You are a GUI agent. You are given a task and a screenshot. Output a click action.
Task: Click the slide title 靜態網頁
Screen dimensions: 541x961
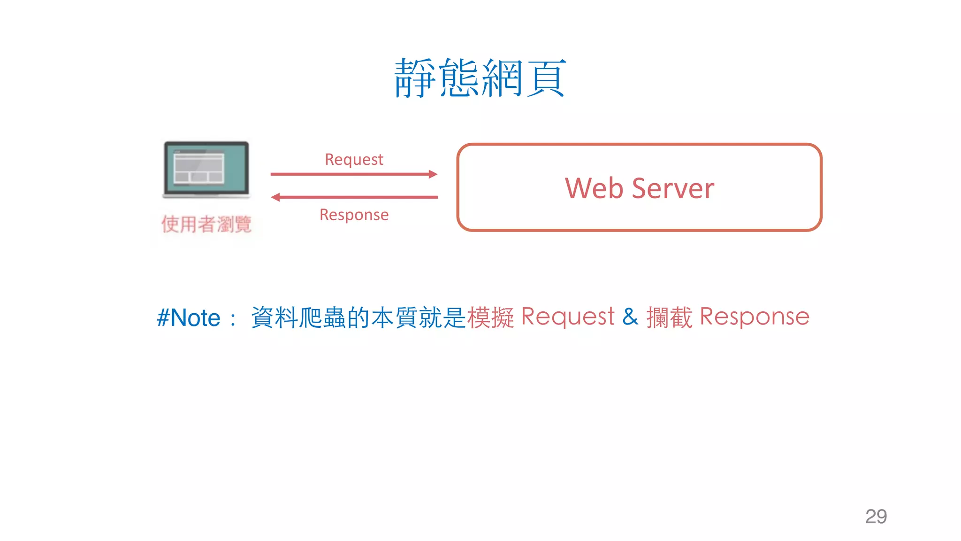480,78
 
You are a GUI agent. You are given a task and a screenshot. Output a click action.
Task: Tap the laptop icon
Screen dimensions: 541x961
206,170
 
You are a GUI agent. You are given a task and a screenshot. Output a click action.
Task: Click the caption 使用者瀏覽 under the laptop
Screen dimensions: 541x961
206,224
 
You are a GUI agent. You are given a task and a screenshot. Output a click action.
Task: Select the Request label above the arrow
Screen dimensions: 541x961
354,160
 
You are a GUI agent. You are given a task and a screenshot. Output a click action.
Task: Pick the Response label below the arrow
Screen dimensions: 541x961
354,215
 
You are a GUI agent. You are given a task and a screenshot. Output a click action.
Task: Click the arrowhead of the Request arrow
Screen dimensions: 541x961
433,174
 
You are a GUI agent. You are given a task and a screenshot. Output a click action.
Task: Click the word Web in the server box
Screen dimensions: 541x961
594,188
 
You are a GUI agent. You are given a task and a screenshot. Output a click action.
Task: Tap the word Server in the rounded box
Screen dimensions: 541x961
673,188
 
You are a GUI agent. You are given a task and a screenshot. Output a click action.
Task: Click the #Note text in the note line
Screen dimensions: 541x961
189,318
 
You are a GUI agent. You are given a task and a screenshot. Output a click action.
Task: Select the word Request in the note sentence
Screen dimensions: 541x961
568,317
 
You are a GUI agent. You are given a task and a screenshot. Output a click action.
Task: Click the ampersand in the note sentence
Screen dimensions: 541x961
630,317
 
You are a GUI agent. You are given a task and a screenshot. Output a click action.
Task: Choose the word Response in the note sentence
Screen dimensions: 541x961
755,317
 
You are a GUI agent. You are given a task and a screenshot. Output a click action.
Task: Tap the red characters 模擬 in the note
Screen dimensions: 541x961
491,317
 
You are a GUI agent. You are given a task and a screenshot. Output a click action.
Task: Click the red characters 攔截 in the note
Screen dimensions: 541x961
669,317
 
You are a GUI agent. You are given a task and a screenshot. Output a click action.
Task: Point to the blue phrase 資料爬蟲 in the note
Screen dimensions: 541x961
298,317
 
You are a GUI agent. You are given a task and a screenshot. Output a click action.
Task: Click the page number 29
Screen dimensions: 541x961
876,517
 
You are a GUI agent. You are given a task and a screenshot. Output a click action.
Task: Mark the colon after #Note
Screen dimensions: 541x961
233,319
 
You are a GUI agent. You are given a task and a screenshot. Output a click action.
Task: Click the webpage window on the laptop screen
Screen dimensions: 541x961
198,167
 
